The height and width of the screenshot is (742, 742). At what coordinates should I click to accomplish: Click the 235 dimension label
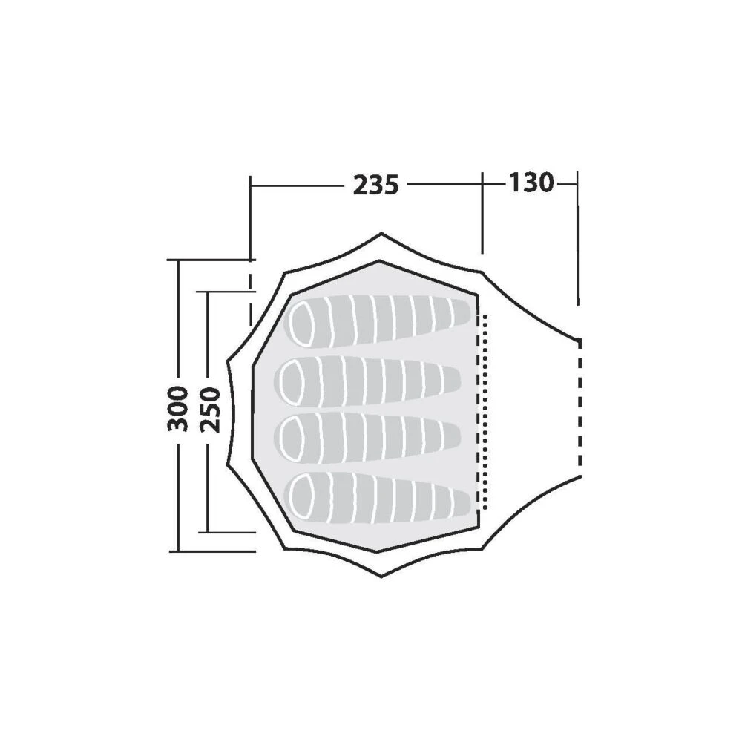click(375, 185)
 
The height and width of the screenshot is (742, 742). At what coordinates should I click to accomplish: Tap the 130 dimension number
click(531, 183)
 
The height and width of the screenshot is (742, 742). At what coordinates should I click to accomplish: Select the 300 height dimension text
click(178, 408)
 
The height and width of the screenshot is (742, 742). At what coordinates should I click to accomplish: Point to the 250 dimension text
click(210, 410)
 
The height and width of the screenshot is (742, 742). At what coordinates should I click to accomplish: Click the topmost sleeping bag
click(378, 321)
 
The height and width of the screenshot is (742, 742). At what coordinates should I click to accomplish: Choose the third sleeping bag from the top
click(368, 437)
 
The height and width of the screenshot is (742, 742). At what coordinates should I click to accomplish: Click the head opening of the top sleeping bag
click(301, 324)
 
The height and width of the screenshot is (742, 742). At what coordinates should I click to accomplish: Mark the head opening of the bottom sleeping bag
click(301, 499)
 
